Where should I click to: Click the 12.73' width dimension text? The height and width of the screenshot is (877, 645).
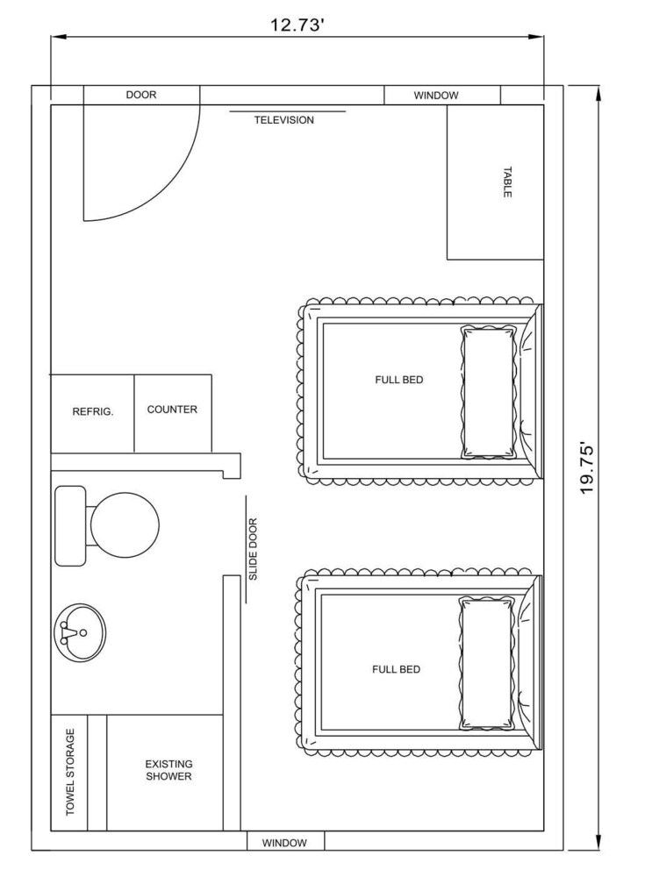[x=297, y=25]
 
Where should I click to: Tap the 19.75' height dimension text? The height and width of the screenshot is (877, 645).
[x=586, y=468]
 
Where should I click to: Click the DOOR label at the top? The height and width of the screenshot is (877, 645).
[x=141, y=95]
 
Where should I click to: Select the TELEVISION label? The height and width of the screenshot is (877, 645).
[x=283, y=120]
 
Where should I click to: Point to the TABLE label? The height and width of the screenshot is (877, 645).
[x=506, y=182]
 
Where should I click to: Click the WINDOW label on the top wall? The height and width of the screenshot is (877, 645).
[x=435, y=96]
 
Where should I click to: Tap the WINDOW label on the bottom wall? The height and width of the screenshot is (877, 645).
[x=284, y=843]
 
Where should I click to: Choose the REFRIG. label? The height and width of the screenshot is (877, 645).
[x=93, y=412]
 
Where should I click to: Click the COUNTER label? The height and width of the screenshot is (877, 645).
[x=172, y=410]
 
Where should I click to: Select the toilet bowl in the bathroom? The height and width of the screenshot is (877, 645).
[x=125, y=525]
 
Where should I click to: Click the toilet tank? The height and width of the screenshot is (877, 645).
[x=70, y=525]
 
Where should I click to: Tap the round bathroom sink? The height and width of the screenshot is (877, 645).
[x=80, y=633]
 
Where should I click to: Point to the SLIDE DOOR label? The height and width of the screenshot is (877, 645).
[x=253, y=549]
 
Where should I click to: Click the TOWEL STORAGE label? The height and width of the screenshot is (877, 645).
[x=70, y=772]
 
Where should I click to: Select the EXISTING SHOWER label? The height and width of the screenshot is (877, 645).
[x=168, y=770]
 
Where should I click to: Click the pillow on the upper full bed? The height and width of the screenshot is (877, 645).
[x=488, y=393]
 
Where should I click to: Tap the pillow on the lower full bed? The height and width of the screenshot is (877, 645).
[x=486, y=663]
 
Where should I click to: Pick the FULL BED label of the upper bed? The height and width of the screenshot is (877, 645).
[x=399, y=380]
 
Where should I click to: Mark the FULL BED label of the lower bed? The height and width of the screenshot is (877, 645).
[x=397, y=669]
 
